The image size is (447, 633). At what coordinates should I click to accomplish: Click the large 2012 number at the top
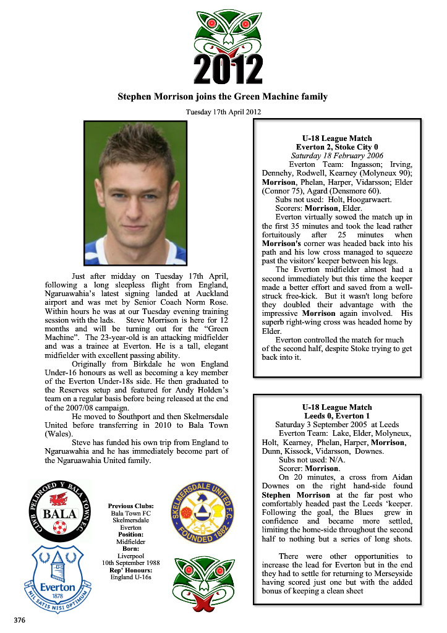228,69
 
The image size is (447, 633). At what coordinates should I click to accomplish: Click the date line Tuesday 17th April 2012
223,112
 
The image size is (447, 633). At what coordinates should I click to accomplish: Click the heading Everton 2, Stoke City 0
337,147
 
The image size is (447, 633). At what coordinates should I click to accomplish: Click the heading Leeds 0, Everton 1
337,416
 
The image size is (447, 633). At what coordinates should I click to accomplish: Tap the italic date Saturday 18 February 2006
337,156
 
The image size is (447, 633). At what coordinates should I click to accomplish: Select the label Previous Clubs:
130,506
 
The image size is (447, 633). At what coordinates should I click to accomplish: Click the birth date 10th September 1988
130,563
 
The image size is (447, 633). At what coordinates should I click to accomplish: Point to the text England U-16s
130,577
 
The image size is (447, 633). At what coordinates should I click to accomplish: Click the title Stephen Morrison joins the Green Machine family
223,96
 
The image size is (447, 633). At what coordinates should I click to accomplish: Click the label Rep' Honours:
130,570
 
